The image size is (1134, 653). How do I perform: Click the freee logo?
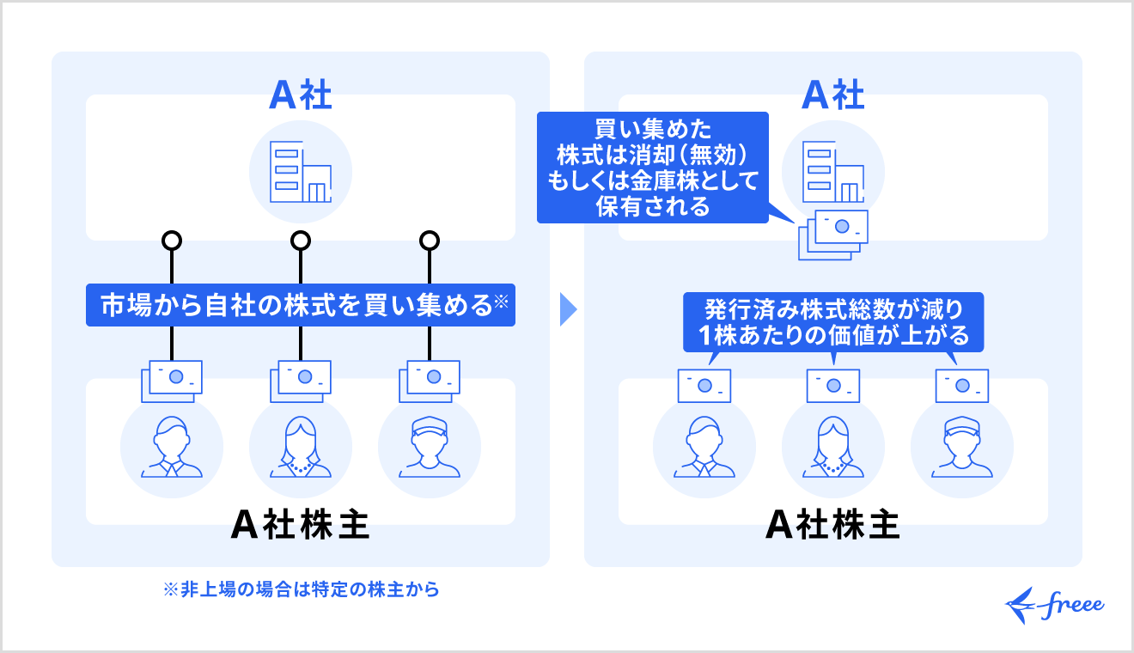(x=1054, y=604)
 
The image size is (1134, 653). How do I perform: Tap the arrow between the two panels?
(x=567, y=309)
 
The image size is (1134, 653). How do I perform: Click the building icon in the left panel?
(x=301, y=172)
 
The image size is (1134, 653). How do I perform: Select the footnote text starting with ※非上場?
(x=301, y=590)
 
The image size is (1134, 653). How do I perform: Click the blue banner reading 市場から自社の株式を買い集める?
(x=301, y=305)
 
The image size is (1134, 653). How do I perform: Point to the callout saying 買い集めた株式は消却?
(x=653, y=168)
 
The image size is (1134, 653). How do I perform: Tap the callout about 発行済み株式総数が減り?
(x=833, y=322)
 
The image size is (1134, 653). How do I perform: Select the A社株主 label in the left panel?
(x=301, y=525)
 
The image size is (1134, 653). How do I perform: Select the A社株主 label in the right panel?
(x=832, y=525)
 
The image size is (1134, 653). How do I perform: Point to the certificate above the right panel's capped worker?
(x=962, y=386)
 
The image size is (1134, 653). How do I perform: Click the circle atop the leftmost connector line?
(x=172, y=240)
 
